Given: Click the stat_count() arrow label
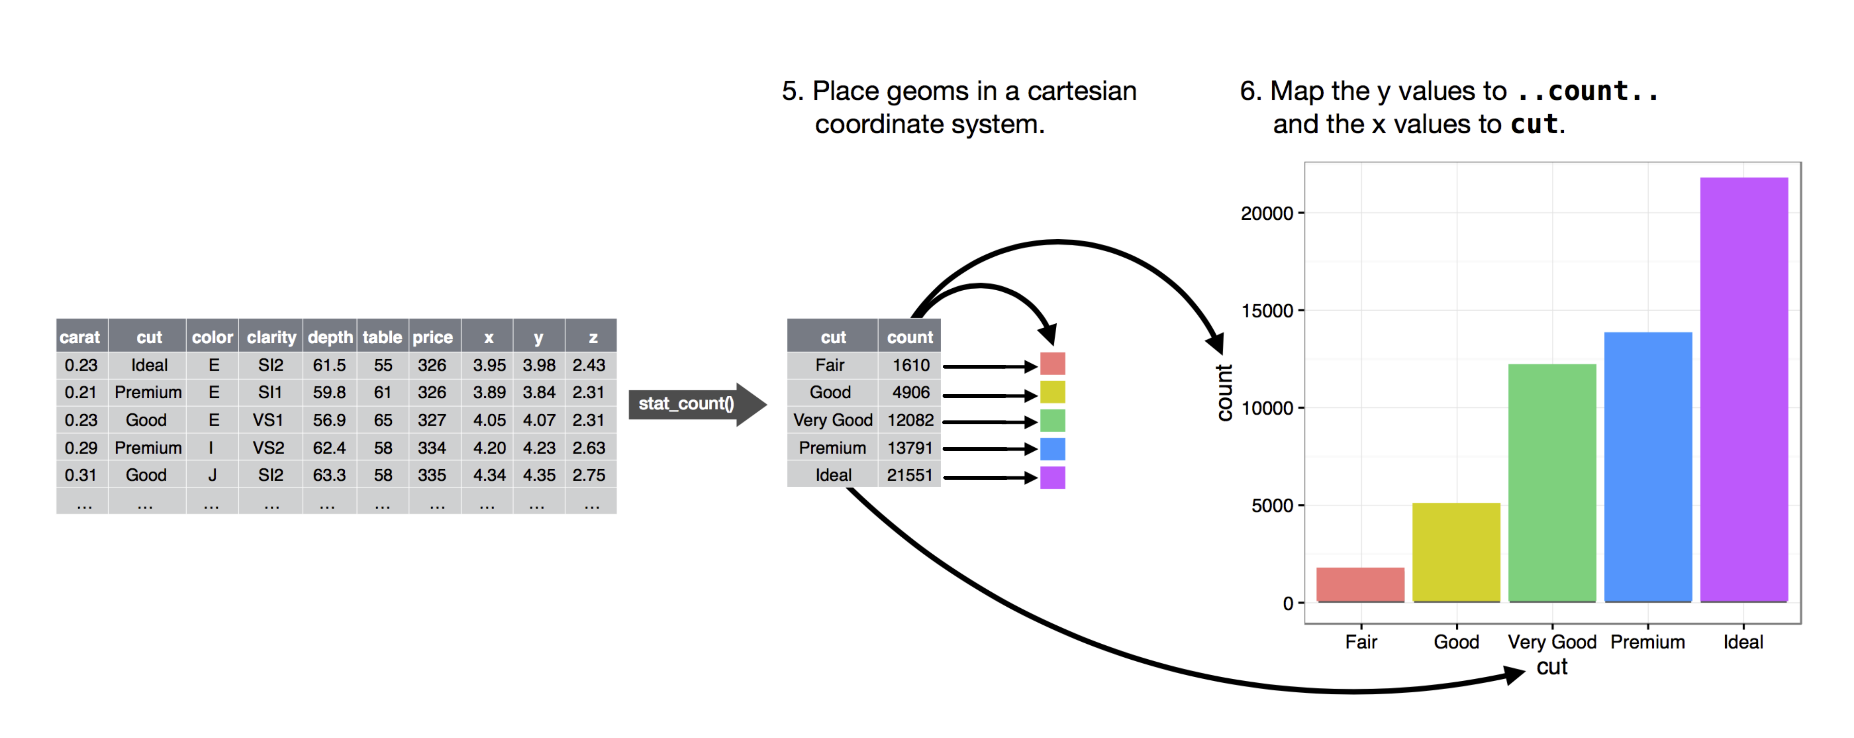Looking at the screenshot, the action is coord(686,404).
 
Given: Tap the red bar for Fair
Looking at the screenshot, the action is coord(1360,584).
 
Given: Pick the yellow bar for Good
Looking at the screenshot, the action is coord(1456,552).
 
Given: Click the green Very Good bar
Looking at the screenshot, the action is coord(1552,483).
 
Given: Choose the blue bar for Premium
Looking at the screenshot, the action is coord(1648,466).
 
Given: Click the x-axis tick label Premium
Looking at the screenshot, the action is coord(1648,642).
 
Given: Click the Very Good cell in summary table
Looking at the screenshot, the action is coord(833,420).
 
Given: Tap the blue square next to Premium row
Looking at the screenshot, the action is coord(1052,448).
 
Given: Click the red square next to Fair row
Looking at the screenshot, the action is coord(1052,364).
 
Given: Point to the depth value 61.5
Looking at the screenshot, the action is coord(329,365).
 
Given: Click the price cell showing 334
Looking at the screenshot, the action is coord(432,448).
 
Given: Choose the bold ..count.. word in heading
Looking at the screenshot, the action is coord(1587,92).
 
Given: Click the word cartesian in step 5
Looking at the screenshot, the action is coord(1082,92).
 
